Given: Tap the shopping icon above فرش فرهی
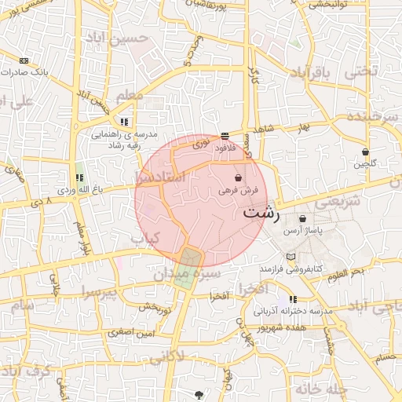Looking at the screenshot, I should coord(238,178).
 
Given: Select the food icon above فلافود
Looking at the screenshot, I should coord(225,135).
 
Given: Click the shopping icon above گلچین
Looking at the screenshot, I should coord(365,152).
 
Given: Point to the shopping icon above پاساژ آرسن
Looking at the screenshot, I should coord(302,219).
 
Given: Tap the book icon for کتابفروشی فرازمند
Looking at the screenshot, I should coord(291,257).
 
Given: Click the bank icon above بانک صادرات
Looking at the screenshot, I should coord(24,60).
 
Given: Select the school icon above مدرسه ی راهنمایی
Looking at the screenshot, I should coord(125,122).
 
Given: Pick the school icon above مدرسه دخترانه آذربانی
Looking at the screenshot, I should coord(293,299).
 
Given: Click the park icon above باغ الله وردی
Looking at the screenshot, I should coord(79,177).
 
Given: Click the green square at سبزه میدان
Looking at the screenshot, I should coord(190,258).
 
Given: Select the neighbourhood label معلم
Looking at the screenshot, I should coord(130,96).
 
